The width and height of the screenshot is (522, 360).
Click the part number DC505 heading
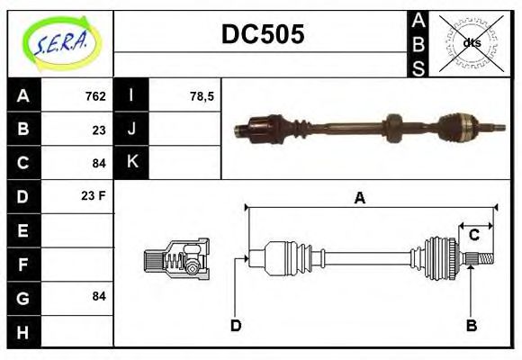point(263,34)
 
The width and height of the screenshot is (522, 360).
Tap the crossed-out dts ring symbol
point(471,42)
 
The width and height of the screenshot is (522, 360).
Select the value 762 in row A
point(95,96)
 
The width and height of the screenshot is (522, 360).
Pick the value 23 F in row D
point(94,195)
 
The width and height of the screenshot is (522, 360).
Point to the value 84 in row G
point(99,296)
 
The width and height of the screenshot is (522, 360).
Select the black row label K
point(131,163)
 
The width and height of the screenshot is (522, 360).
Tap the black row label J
point(131,130)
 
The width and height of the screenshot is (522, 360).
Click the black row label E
point(23,229)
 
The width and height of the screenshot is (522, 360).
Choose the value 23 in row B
point(99,130)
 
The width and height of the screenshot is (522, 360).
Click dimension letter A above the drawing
point(359,198)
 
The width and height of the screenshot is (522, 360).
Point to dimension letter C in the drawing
point(473,236)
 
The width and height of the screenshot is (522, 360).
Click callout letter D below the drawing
point(236,325)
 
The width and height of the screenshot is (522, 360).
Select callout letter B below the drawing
point(471,325)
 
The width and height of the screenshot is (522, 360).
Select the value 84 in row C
point(99,163)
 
